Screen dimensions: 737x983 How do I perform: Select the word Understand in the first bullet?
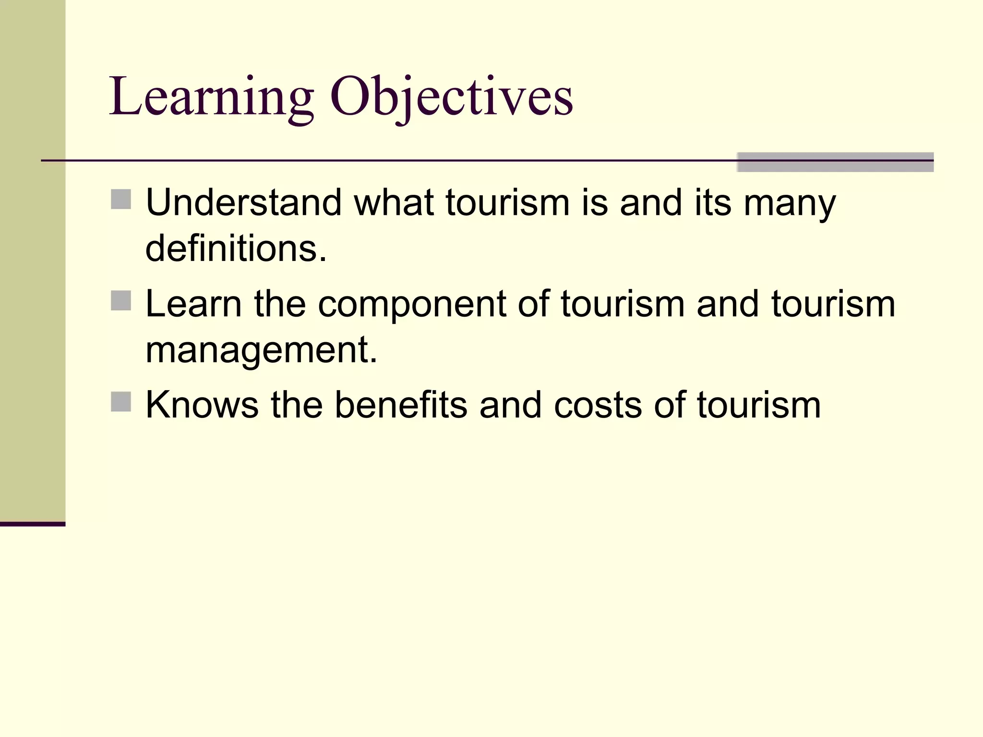tap(243, 202)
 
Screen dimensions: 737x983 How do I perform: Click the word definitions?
tap(236, 249)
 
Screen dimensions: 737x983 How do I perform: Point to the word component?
tap(412, 304)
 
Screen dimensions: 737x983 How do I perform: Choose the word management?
tap(261, 350)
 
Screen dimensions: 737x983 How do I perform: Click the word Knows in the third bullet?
tap(202, 405)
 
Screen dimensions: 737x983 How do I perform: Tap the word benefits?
tap(400, 405)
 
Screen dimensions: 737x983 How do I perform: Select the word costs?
tap(598, 405)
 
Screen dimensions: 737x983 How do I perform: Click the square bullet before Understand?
tap(121, 199)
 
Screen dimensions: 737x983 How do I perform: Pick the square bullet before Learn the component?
tap(121, 301)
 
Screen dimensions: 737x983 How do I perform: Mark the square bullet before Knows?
tap(121, 402)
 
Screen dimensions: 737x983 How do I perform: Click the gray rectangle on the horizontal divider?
tap(835, 162)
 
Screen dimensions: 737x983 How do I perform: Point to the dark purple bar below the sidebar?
tap(33, 524)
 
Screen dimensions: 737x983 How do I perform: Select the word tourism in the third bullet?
tap(759, 405)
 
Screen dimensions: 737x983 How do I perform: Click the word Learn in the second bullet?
tap(193, 304)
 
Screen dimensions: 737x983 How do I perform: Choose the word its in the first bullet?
tap(713, 202)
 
